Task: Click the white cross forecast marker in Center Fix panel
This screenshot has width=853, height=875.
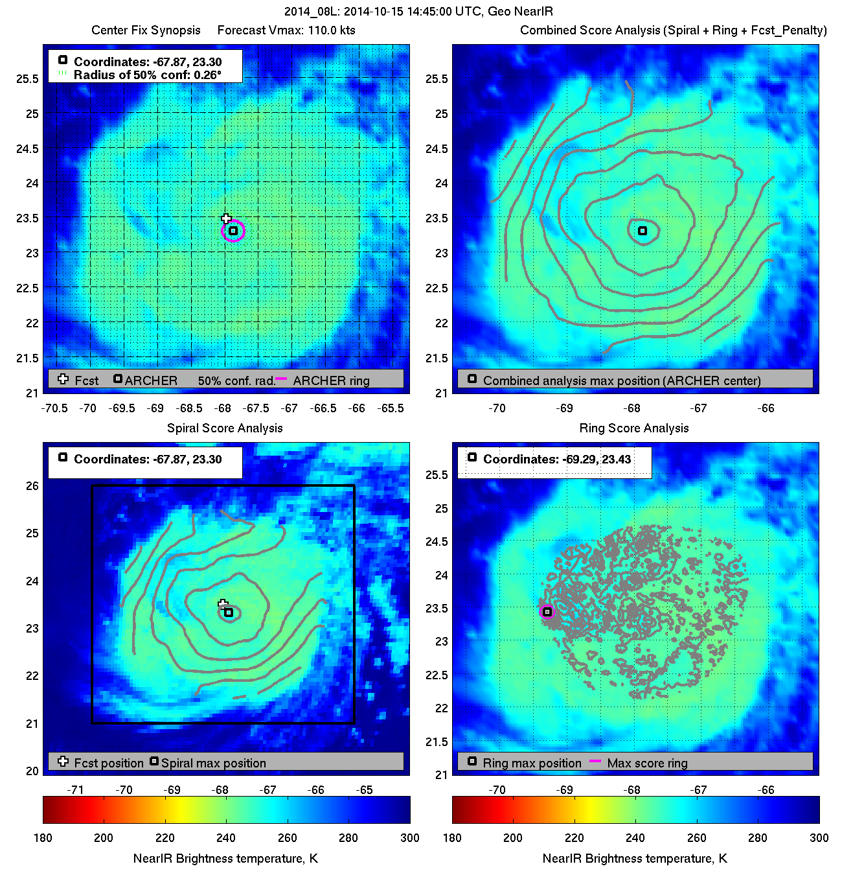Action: (226, 219)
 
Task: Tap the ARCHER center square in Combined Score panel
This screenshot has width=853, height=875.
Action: (643, 231)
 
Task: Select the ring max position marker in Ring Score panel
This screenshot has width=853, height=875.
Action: (547, 612)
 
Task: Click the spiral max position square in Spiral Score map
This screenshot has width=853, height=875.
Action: (229, 612)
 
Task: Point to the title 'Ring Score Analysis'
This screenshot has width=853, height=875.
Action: (633, 428)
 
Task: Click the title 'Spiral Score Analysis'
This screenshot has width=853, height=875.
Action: (225, 428)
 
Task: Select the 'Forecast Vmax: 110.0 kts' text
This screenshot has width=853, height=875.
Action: (286, 30)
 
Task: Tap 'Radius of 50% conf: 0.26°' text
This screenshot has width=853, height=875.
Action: (147, 75)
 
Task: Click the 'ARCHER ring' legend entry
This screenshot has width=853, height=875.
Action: (331, 380)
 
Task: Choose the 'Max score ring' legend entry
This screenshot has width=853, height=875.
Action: (647, 763)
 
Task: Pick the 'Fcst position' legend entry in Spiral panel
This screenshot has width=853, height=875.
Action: (108, 763)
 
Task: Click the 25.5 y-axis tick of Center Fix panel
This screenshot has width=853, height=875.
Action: (28, 79)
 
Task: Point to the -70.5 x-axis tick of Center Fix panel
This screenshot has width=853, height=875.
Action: (54, 408)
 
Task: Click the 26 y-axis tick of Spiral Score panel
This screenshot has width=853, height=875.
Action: (32, 486)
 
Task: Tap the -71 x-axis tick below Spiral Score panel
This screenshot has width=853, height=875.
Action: (76, 789)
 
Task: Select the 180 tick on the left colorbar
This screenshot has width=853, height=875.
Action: (43, 837)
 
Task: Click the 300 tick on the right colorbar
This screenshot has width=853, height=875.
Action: (819, 837)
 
